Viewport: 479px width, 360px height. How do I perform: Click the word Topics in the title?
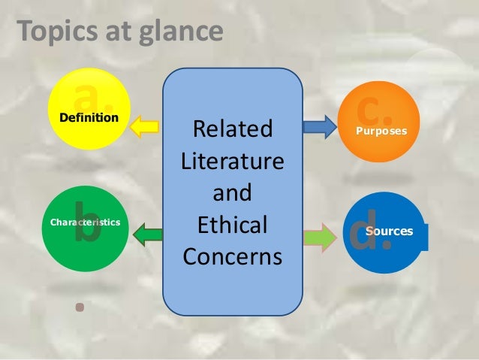point(53,32)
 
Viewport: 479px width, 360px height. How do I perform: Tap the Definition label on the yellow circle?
point(89,118)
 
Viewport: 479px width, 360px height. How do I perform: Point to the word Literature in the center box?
point(233,162)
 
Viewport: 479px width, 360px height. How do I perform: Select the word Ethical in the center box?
point(233,225)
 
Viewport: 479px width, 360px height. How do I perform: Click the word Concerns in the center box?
point(233,257)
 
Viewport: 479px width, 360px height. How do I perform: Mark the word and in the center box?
point(233,194)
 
